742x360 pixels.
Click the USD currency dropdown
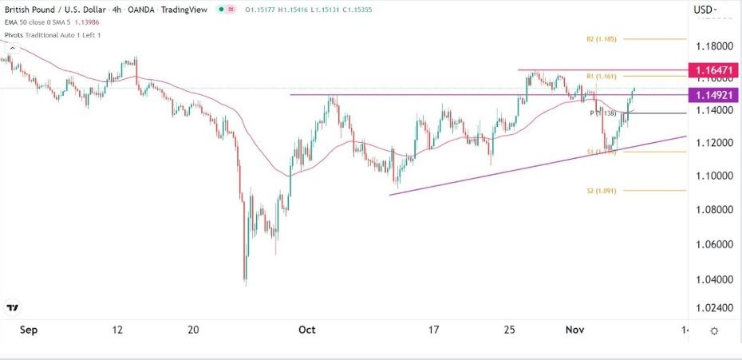tap(705, 10)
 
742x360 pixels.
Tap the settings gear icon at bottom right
tap(714, 330)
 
